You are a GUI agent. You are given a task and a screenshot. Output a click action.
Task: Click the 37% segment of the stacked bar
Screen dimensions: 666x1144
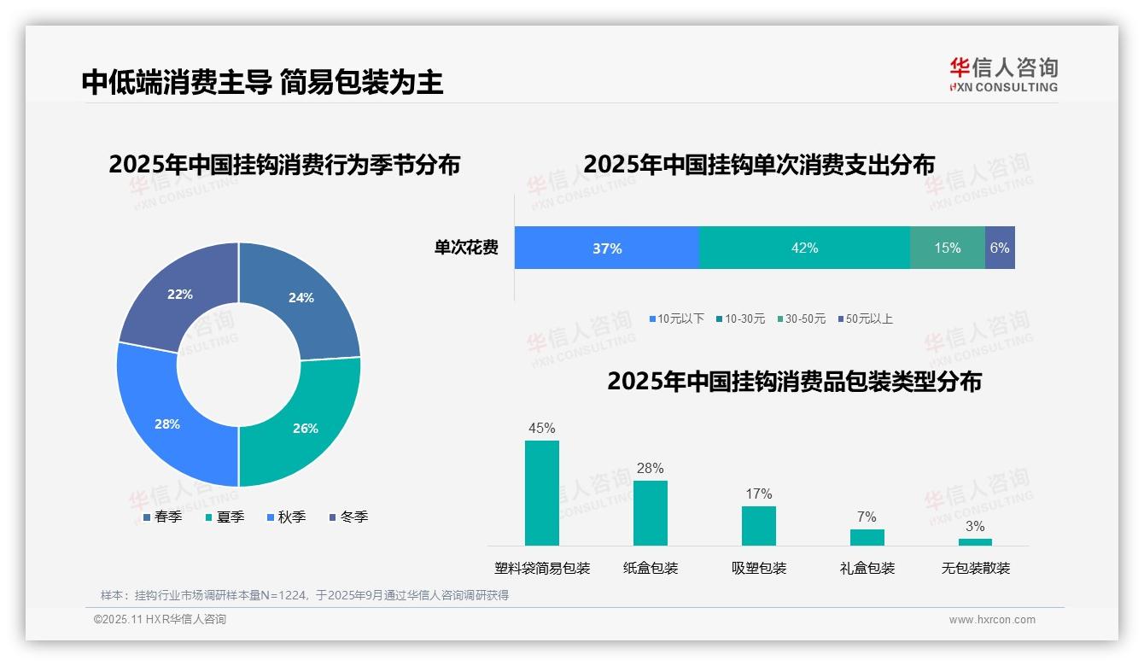[607, 248]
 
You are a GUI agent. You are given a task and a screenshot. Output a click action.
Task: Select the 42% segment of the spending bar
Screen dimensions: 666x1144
[804, 248]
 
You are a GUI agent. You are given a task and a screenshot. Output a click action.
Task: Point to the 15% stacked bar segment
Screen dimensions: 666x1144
[947, 248]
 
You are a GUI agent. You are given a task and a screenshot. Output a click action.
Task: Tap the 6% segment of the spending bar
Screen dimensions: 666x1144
[1000, 248]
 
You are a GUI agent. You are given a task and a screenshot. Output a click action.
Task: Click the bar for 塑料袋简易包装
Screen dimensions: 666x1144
[542, 493]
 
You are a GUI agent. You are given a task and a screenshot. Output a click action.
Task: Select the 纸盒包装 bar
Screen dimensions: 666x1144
[651, 512]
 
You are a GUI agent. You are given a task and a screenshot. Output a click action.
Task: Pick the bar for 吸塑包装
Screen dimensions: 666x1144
[759, 525]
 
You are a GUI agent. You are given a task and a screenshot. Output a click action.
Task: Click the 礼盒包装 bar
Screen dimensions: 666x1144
[867, 537]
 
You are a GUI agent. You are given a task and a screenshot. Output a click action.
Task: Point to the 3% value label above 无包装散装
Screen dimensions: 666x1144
[975, 526]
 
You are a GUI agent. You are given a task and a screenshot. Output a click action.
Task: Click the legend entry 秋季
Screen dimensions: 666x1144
[286, 517]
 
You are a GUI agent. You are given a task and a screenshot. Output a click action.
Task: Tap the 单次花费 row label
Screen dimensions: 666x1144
[466, 248]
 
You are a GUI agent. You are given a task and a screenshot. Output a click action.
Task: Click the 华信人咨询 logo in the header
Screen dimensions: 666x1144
[1003, 74]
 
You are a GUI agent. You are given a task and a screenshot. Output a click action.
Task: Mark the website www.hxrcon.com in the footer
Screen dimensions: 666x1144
[992, 620]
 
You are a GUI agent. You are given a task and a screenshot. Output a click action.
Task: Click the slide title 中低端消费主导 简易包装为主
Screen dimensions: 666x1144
[263, 82]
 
